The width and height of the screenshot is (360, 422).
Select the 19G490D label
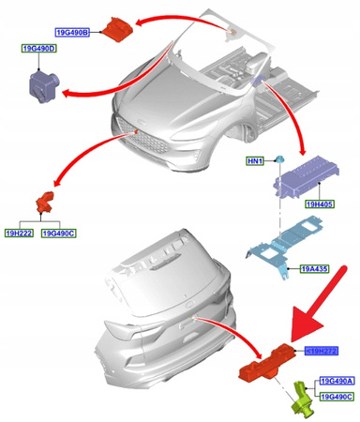point(38,47)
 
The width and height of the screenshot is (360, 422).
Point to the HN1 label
point(255,160)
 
